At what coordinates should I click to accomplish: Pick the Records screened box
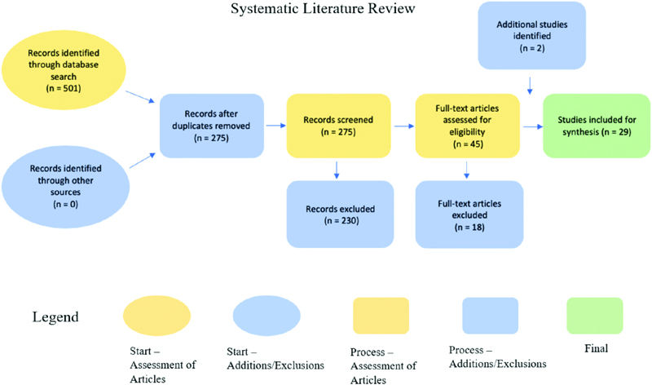[338, 126]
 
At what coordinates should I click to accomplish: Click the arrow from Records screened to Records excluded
[338, 169]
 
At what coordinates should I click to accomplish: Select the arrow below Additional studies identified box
[531, 84]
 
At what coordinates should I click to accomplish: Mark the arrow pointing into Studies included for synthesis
[534, 127]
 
